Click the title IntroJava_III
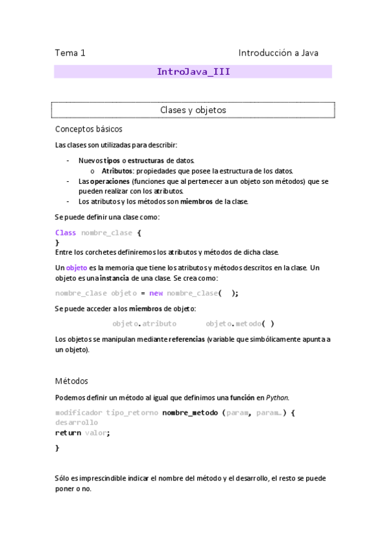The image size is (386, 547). [x=193, y=72]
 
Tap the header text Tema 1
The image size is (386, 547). [x=70, y=53]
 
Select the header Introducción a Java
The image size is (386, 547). [x=278, y=53]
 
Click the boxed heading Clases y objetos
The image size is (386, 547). [x=193, y=110]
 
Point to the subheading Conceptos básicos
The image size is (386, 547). [x=89, y=129]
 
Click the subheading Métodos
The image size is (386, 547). [x=72, y=381]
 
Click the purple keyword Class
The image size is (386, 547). [x=66, y=233]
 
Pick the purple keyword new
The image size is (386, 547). [x=157, y=293]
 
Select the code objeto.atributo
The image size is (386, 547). [x=144, y=324]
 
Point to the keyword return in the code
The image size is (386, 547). [x=68, y=433]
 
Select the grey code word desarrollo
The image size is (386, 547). [x=77, y=423]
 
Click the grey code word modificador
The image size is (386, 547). [x=79, y=412]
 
